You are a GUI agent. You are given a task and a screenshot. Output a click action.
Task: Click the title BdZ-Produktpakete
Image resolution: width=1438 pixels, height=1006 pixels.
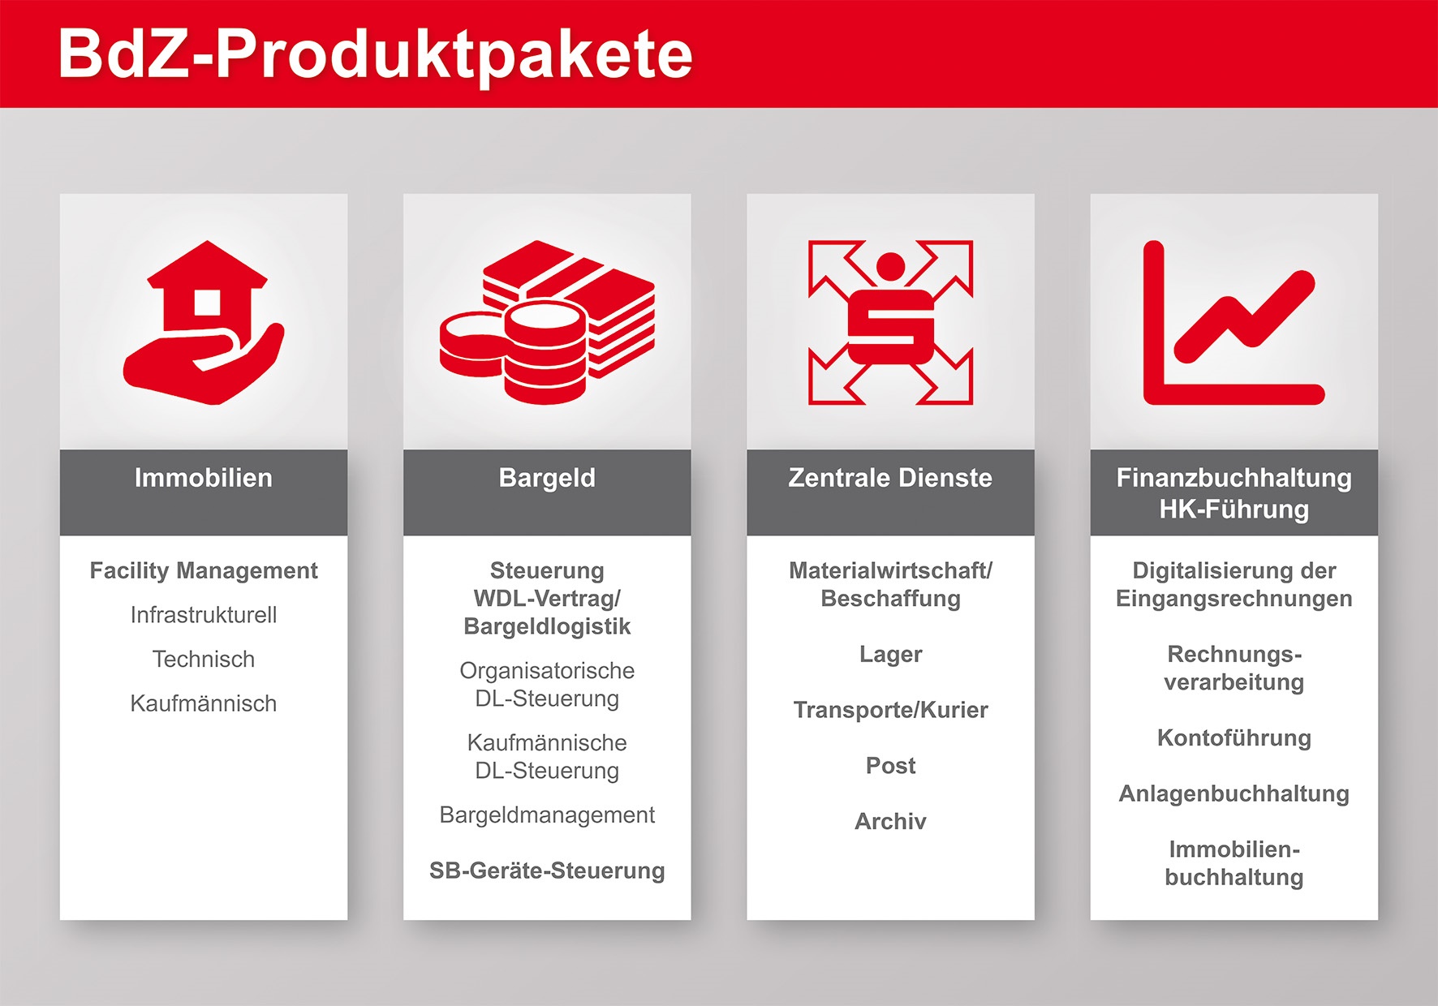375,54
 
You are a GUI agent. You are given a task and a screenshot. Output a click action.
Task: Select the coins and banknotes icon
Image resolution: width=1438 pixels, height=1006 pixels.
547,322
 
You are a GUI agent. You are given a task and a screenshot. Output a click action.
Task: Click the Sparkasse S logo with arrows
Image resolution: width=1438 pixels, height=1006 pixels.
890,322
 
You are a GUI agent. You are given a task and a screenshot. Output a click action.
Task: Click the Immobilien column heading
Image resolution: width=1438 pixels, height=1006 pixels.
204,478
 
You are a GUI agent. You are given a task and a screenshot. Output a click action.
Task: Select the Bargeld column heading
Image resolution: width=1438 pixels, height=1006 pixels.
547,478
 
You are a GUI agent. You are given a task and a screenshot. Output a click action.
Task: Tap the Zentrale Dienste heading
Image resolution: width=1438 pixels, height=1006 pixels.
890,478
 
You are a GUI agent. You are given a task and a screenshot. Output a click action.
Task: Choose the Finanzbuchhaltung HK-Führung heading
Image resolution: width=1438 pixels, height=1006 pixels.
1234,493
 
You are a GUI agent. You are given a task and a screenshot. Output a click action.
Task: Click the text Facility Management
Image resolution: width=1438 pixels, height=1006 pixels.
204,571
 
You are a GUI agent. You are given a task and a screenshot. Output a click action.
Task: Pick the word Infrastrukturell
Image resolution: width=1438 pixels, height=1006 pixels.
204,615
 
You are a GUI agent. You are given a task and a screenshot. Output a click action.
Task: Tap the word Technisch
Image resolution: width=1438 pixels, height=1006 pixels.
204,659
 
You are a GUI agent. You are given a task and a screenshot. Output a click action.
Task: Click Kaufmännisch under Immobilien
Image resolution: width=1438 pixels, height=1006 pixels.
204,703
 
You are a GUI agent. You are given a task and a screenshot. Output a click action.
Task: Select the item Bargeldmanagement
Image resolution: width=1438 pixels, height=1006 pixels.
547,815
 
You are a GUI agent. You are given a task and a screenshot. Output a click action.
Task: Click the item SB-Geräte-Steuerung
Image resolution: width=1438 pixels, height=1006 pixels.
547,871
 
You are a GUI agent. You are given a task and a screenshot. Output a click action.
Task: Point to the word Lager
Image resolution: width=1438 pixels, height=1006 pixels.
890,655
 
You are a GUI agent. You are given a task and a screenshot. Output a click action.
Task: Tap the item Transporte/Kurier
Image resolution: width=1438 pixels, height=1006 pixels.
890,710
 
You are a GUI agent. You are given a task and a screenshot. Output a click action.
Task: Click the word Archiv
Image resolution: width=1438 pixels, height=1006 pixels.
890,821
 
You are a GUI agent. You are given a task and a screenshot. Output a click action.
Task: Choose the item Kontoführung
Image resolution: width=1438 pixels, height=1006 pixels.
1234,737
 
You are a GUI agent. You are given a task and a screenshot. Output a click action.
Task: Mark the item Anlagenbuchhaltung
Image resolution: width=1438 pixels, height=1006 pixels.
1234,793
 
